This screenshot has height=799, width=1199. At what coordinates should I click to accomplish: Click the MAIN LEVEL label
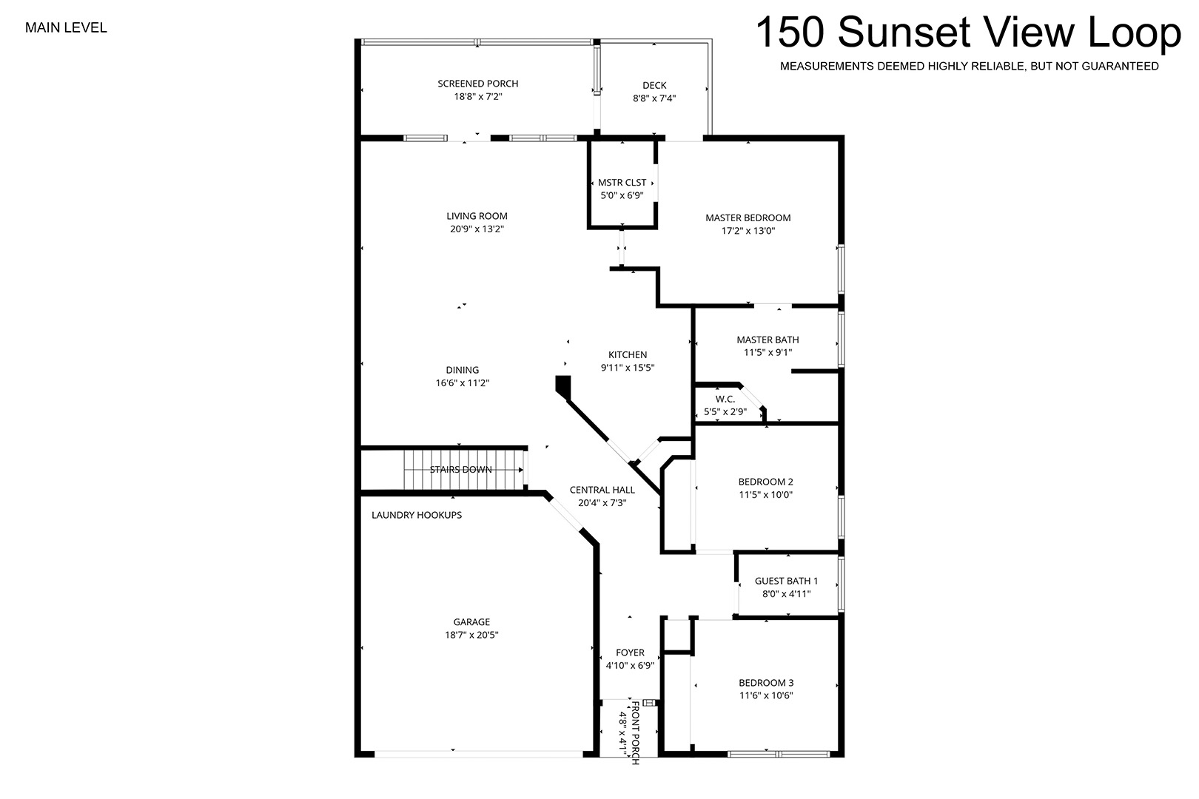pyautogui.click(x=66, y=28)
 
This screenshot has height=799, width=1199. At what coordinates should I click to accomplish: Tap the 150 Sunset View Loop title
pyautogui.click(x=968, y=33)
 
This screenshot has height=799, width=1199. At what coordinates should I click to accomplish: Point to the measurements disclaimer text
pyautogui.click(x=970, y=67)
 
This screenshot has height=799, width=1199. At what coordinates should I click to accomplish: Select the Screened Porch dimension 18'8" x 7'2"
pyautogui.click(x=478, y=97)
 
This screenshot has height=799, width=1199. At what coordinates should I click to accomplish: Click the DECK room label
pyautogui.click(x=654, y=86)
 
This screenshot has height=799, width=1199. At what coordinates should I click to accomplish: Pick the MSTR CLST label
pyautogui.click(x=622, y=183)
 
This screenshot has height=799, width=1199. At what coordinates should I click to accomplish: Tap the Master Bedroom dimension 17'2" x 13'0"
pyautogui.click(x=748, y=231)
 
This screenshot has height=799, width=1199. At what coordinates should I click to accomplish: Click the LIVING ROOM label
pyautogui.click(x=477, y=216)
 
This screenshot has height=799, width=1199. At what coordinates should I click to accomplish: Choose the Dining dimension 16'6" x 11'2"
pyautogui.click(x=463, y=383)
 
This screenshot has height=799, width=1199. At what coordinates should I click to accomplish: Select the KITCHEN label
pyautogui.click(x=628, y=355)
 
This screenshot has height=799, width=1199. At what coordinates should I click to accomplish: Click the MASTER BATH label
pyautogui.click(x=768, y=340)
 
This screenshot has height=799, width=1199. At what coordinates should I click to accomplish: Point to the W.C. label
pyautogui.click(x=725, y=399)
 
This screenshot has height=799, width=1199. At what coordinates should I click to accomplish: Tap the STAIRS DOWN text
pyautogui.click(x=461, y=470)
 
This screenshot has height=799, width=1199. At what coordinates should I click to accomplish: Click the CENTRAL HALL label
pyautogui.click(x=602, y=490)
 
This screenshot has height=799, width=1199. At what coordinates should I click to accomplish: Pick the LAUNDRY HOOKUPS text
pyautogui.click(x=417, y=516)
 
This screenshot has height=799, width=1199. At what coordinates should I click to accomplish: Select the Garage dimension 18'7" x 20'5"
pyautogui.click(x=471, y=636)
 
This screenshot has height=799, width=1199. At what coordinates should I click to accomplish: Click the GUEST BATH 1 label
pyautogui.click(x=786, y=581)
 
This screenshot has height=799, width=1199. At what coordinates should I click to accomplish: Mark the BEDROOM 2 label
pyautogui.click(x=765, y=482)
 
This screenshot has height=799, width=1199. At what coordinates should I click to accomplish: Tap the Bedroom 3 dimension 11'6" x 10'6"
pyautogui.click(x=766, y=695)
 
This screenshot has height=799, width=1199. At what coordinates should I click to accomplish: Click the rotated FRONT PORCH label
pyautogui.click(x=635, y=732)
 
